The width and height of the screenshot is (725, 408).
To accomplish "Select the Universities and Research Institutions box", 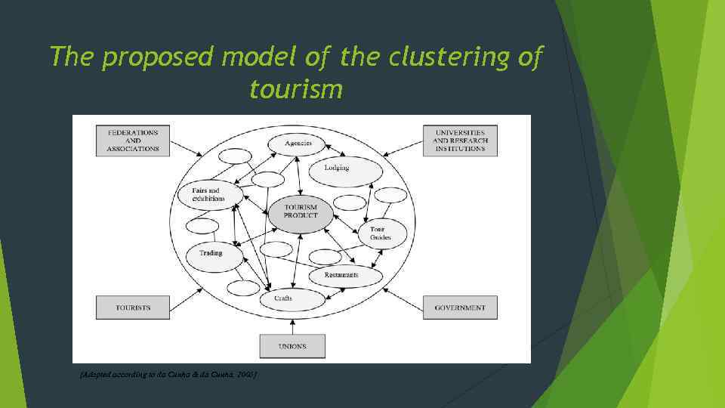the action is pyautogui.click(x=460, y=141).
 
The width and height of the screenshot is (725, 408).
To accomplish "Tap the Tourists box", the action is pyautogui.click(x=133, y=308).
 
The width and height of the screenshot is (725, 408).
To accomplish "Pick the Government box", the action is pyautogui.click(x=460, y=308).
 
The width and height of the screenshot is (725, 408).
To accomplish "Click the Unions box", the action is pyautogui.click(x=292, y=346).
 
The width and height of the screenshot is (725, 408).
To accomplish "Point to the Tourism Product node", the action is pyautogui.click(x=301, y=211).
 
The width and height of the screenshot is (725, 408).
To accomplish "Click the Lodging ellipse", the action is pyautogui.click(x=337, y=168).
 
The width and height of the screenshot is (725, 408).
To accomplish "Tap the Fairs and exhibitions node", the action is pyautogui.click(x=211, y=195).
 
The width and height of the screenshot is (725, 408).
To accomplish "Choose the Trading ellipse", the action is pyautogui.click(x=211, y=254).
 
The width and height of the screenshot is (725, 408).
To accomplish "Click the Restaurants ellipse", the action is pyautogui.click(x=342, y=276).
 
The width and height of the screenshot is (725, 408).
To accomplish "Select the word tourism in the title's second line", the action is pyautogui.click(x=295, y=90).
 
